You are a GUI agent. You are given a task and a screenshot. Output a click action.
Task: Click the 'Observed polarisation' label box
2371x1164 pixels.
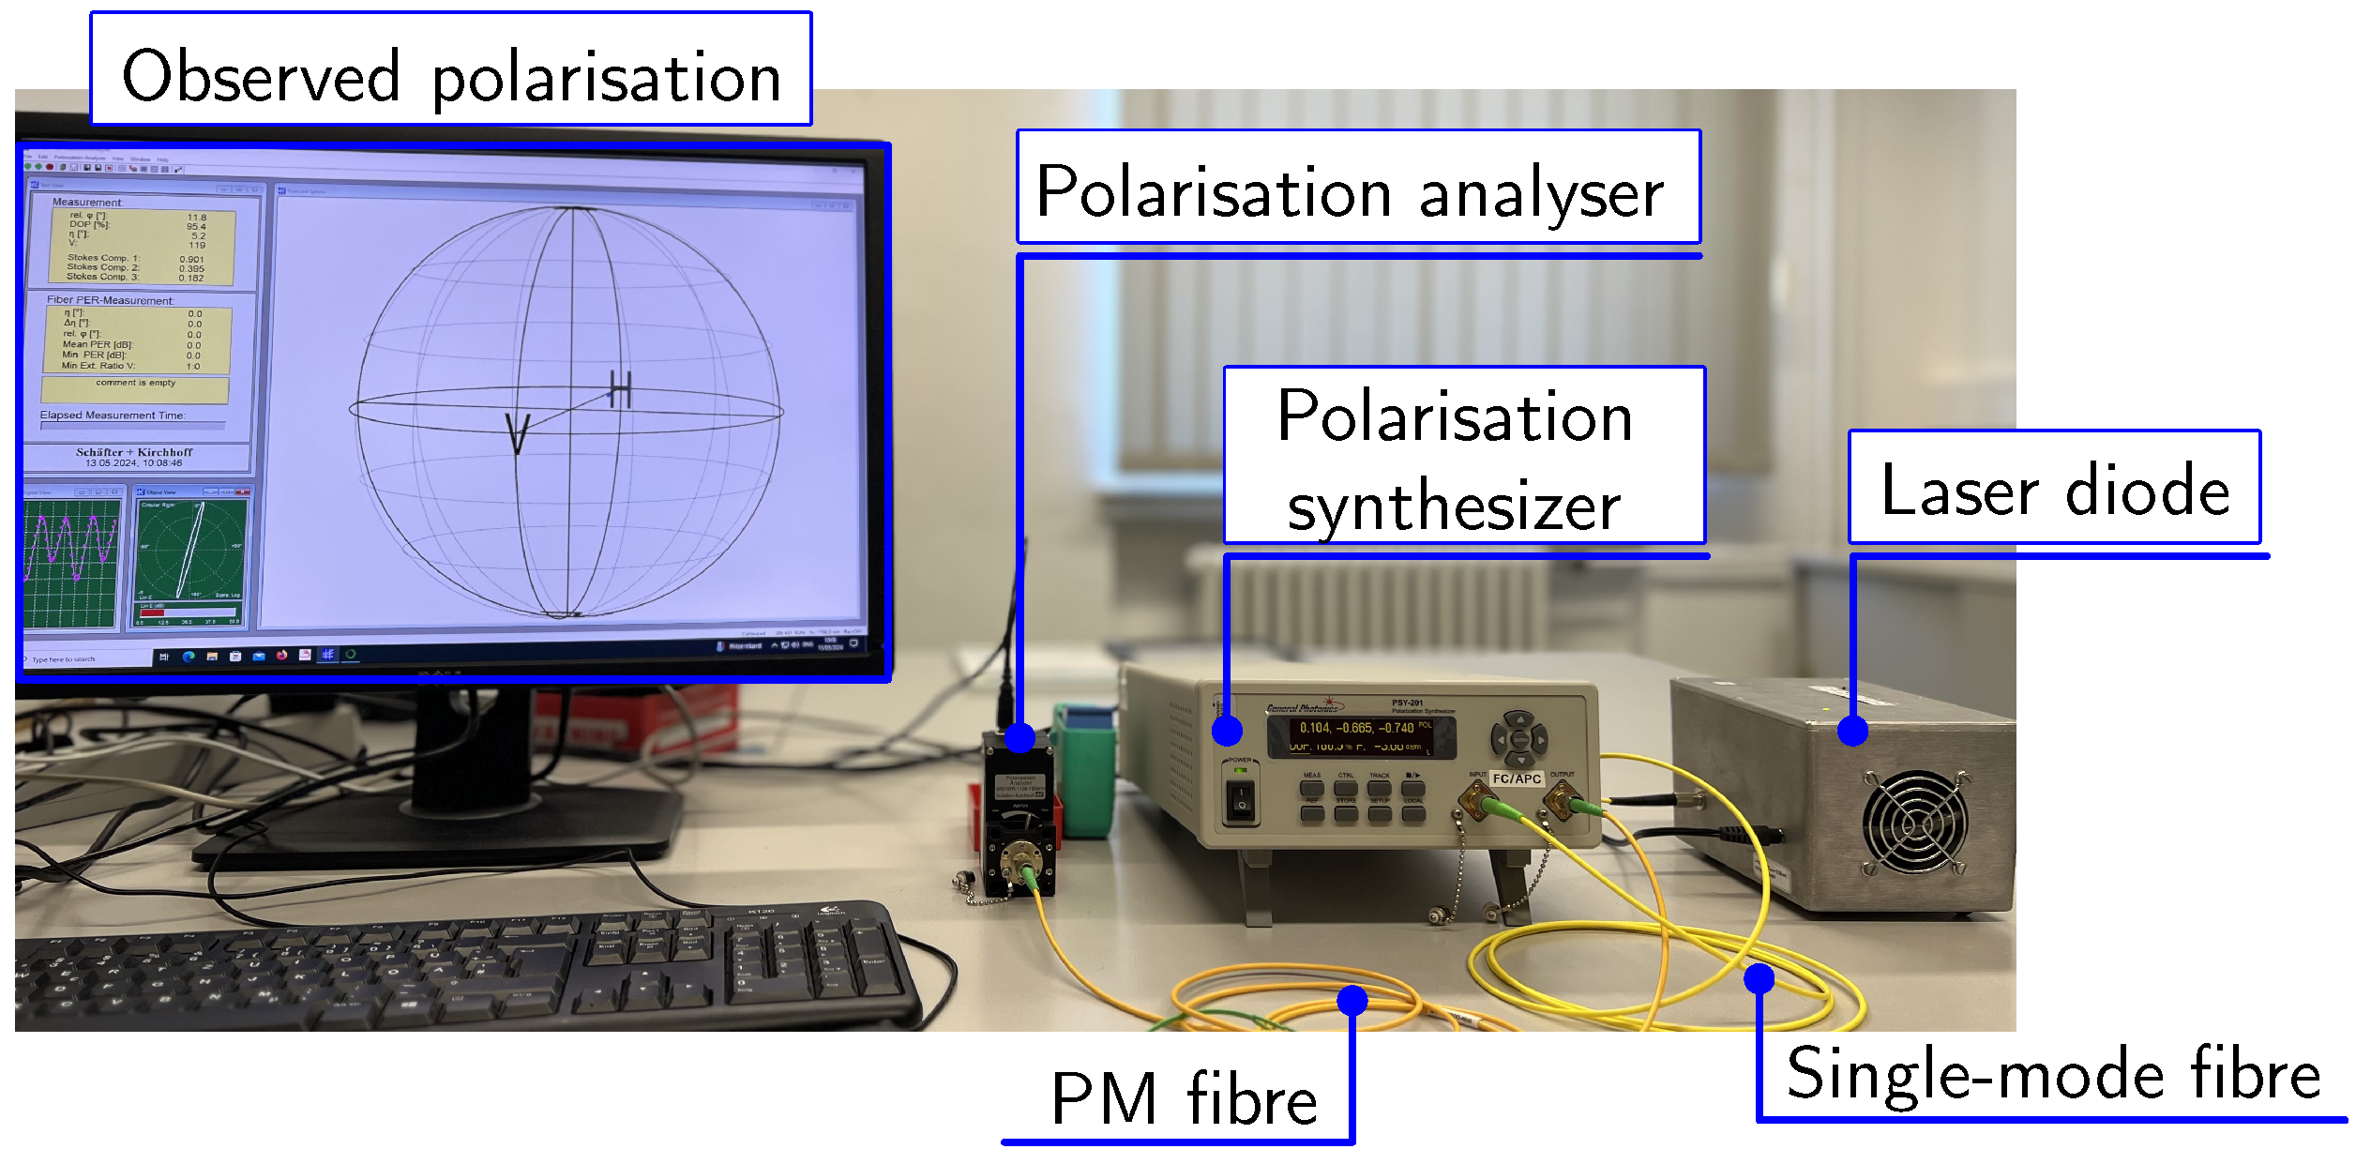pyautogui.click(x=451, y=69)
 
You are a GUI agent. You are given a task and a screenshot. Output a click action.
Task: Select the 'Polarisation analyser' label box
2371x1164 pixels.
pyautogui.click(x=1358, y=188)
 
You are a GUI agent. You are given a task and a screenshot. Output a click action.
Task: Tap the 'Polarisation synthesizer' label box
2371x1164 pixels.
pyautogui.click(x=1464, y=456)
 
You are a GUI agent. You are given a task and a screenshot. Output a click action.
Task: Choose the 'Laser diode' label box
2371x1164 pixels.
pyautogui.click(x=2054, y=488)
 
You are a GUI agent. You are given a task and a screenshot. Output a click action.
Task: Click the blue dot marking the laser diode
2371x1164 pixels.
pyautogui.click(x=1852, y=731)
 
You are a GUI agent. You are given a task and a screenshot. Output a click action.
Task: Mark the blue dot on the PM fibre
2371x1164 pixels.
pyautogui.click(x=1352, y=1000)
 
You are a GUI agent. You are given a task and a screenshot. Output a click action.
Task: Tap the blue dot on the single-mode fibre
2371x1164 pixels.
pyautogui.click(x=1759, y=978)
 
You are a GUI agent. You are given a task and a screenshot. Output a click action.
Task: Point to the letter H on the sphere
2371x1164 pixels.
pyautogui.click(x=620, y=388)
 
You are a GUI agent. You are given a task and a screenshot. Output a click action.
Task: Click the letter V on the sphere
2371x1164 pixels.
pyautogui.click(x=518, y=434)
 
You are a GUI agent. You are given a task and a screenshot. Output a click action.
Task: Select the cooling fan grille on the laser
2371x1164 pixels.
pyautogui.click(x=1914, y=823)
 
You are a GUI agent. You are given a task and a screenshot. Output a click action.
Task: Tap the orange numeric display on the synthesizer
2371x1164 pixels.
pyautogui.click(x=1361, y=736)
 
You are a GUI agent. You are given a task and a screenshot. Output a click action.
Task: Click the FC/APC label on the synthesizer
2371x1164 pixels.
pyautogui.click(x=1517, y=779)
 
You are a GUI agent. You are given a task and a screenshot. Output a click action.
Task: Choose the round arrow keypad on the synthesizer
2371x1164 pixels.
pyautogui.click(x=1519, y=739)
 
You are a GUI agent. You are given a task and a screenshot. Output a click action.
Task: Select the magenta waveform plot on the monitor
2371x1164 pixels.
pyautogui.click(x=71, y=561)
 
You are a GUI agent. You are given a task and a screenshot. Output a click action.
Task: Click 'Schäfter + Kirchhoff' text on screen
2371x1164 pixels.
pyautogui.click(x=134, y=452)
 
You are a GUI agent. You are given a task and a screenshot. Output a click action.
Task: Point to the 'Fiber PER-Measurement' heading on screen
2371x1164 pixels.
pyautogui.click(x=110, y=300)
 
